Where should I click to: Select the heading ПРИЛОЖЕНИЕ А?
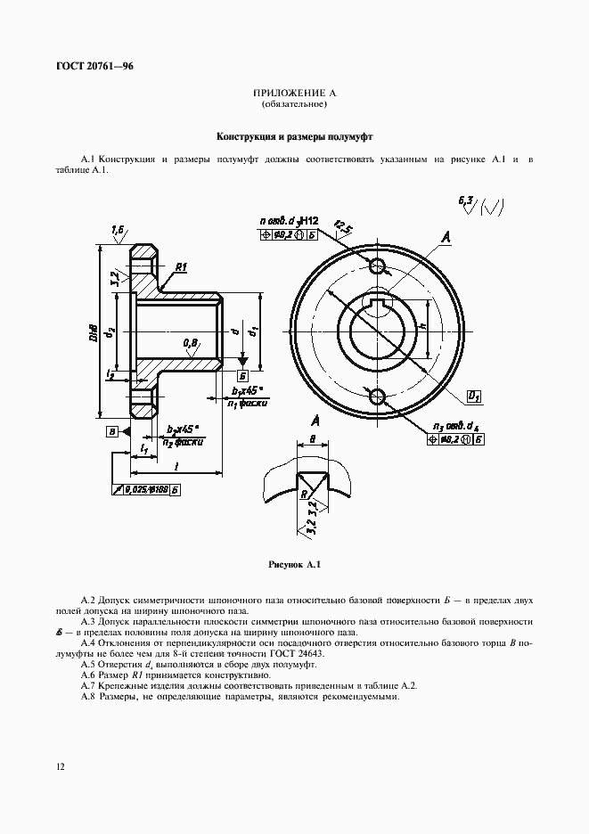coord(293,94)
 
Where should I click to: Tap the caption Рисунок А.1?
coord(293,565)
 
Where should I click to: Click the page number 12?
coord(59,765)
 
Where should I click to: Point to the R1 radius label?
coord(180,266)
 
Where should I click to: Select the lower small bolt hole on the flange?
coord(376,396)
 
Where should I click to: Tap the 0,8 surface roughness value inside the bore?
coord(191,341)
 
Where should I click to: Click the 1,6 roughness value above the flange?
coord(118,230)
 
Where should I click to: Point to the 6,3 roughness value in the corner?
coord(466,201)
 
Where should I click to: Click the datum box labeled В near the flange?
coord(111,432)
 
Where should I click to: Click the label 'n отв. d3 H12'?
coord(289,219)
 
